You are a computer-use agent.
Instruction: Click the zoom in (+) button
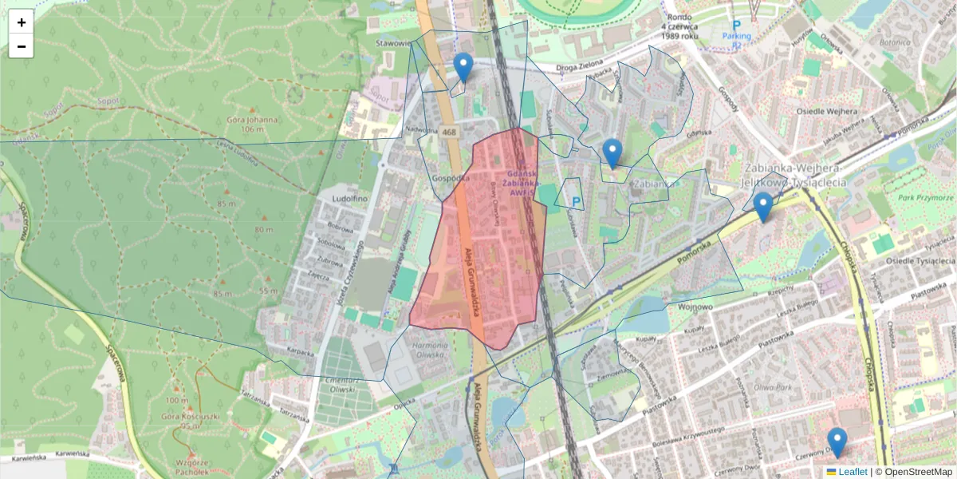22,22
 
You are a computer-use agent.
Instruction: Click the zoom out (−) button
22,46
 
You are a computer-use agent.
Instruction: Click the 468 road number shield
449,133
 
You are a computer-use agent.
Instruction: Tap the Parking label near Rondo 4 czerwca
737,36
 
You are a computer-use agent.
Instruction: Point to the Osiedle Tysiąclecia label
921,260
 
